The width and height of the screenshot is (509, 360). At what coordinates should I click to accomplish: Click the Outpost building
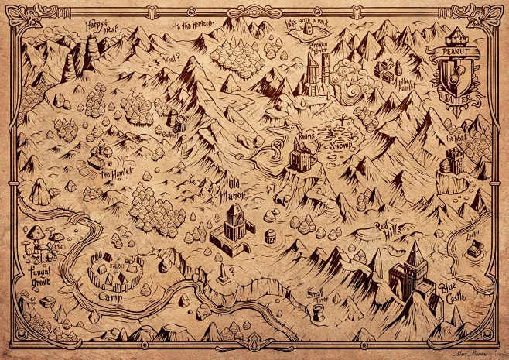click(178, 122)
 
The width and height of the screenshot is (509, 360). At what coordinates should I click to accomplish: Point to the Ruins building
click(301, 158)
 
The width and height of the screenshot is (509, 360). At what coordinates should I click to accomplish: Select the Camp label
click(109, 297)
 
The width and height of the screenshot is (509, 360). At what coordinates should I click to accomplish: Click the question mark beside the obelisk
click(232, 268)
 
